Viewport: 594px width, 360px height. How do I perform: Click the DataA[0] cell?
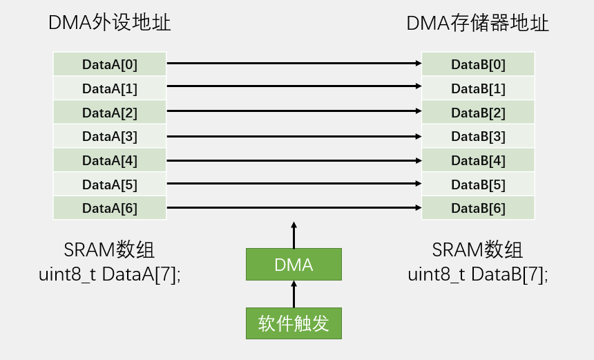(110, 64)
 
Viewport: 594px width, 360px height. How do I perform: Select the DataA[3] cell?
(110, 136)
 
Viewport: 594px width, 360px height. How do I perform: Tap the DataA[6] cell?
(110, 208)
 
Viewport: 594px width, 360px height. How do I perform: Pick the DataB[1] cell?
(478, 88)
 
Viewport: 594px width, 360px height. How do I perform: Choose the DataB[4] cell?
(478, 160)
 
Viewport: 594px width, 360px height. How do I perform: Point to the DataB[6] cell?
(478, 208)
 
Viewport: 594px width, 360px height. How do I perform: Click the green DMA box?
(294, 264)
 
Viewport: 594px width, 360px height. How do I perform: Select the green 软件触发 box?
(294, 323)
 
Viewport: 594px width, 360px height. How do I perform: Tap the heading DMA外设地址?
(109, 23)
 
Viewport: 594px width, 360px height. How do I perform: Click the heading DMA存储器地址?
(477, 23)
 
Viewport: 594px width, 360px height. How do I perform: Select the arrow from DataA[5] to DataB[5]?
(294, 184)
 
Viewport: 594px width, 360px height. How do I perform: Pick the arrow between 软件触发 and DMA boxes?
(294, 294)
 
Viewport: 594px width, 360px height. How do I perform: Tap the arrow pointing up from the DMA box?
(294, 235)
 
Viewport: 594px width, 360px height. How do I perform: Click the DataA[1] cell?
(110, 88)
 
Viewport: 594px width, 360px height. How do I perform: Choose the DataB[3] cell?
(478, 136)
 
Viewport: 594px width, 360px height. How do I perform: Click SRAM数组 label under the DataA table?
(109, 249)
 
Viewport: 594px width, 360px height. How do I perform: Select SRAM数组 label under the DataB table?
(477, 249)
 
